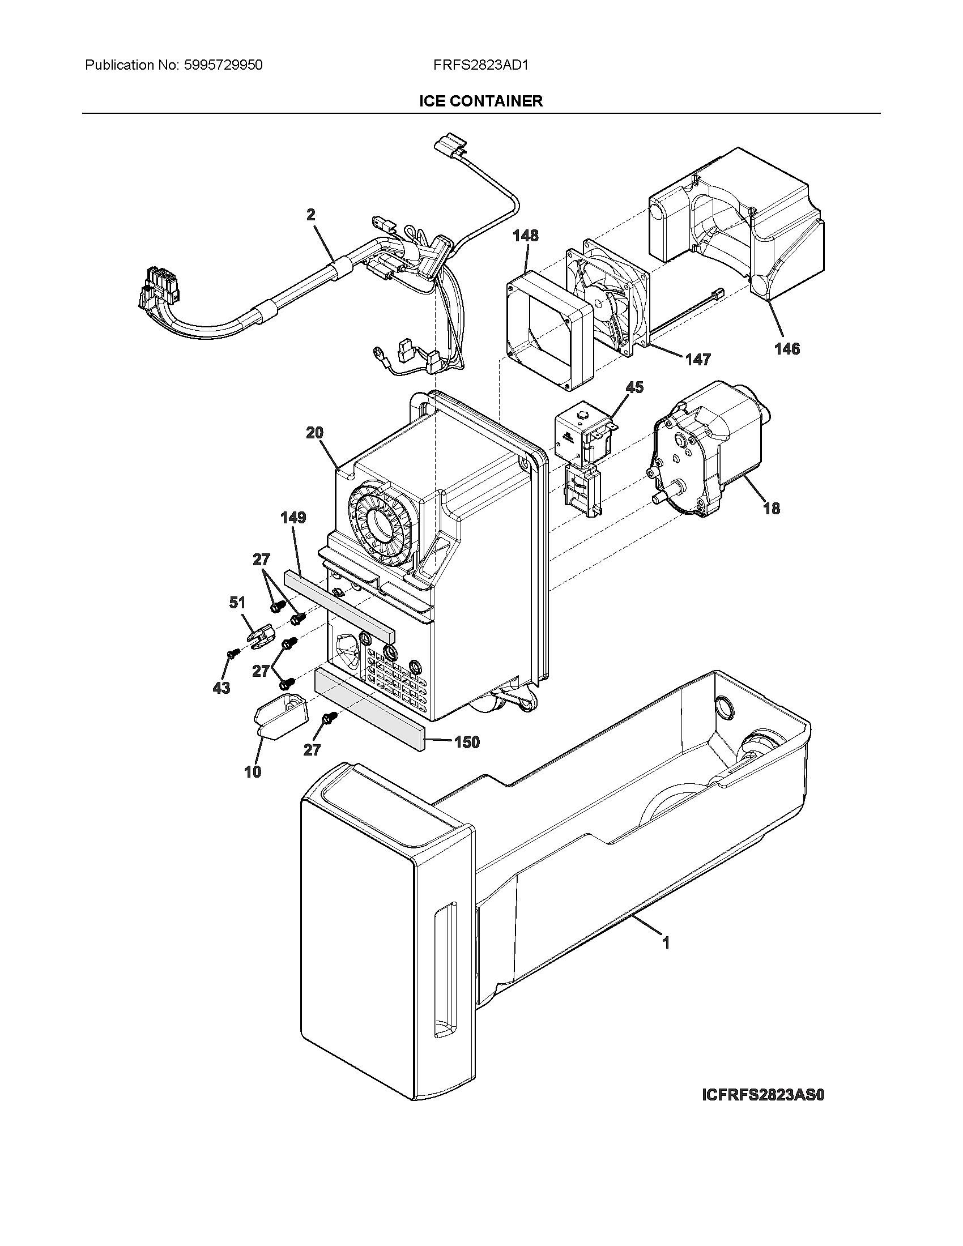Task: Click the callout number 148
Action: click(x=525, y=235)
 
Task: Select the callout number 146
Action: click(x=787, y=348)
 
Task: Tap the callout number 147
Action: click(x=698, y=359)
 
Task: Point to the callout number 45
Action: click(x=634, y=387)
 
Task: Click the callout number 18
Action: click(x=772, y=508)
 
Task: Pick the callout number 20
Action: click(x=314, y=433)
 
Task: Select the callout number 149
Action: click(x=293, y=518)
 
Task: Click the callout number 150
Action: click(x=467, y=743)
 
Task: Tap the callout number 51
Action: click(x=237, y=603)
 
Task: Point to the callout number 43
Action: click(x=221, y=688)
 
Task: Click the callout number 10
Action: click(x=253, y=772)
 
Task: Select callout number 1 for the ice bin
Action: click(x=666, y=943)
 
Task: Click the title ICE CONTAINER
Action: click(x=481, y=101)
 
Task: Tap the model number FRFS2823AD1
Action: click(x=481, y=65)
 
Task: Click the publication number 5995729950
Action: click(x=224, y=65)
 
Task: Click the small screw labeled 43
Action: click(x=231, y=654)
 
